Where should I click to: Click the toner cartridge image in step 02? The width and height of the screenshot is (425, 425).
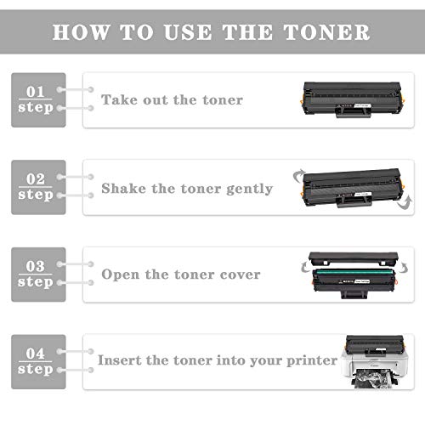point(352,186)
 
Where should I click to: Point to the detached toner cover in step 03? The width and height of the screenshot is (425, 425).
point(354,257)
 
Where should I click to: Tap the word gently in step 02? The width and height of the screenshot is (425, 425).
point(246,189)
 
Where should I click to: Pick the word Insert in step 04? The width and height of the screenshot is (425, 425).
point(121,360)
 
